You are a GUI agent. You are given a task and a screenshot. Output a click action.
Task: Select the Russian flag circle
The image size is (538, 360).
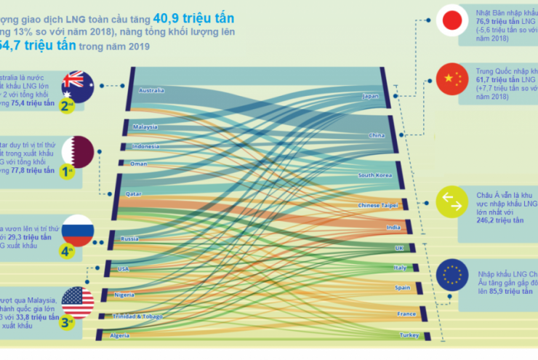point(78,230)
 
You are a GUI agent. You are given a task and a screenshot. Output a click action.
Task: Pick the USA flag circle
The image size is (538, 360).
point(77,299)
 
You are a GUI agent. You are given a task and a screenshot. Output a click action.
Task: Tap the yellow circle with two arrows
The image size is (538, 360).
point(451,203)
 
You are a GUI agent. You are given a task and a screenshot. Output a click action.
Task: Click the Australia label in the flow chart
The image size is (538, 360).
point(150,91)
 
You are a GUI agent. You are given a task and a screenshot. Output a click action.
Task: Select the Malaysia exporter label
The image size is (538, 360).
point(145,127)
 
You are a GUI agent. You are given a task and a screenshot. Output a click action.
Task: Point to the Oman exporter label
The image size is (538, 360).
point(138,164)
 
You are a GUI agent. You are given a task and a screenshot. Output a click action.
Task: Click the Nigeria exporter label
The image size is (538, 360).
point(124,295)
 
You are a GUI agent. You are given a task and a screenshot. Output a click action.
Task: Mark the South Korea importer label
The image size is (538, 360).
point(376,176)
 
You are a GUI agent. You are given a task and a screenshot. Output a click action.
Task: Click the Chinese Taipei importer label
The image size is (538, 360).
point(376,206)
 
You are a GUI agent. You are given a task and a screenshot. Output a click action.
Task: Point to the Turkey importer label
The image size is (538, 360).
point(409,335)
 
